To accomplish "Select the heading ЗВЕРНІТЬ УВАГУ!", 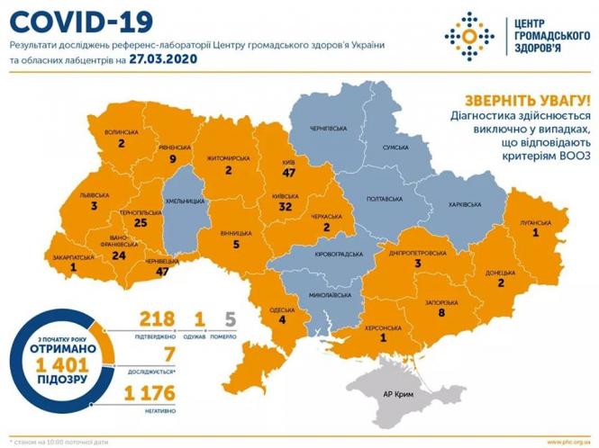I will click(526, 101).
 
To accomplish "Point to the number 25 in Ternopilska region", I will click(139, 222).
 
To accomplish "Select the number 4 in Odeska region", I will click(282, 319).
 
